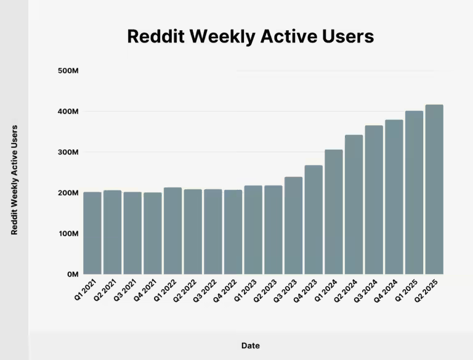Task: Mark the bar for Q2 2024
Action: pos(354,204)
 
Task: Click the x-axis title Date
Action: pos(250,346)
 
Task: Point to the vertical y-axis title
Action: pos(15,179)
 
